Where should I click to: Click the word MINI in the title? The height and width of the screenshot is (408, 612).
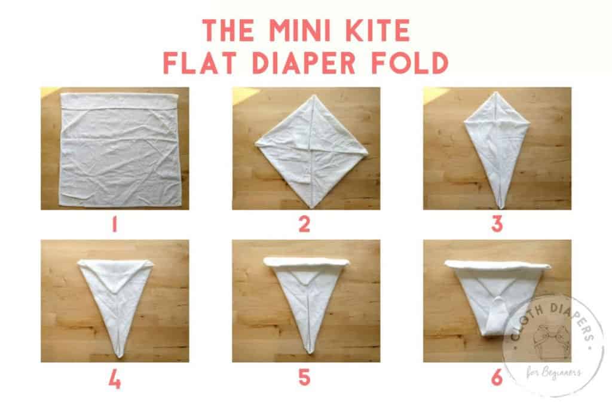302,30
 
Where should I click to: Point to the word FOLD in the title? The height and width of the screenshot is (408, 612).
409,63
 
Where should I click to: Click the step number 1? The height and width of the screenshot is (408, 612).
114,225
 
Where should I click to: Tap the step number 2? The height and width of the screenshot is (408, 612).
304,225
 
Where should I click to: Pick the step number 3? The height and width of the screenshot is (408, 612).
497,225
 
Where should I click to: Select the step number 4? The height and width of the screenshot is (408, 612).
115,379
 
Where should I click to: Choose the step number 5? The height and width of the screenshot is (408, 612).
304,378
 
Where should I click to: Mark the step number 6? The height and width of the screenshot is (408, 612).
497,378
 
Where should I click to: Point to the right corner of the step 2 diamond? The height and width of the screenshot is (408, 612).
368,154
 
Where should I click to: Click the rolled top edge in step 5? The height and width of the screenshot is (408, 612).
307,261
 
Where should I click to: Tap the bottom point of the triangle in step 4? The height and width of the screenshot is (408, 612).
119,356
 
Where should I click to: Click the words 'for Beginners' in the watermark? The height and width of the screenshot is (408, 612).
553,373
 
